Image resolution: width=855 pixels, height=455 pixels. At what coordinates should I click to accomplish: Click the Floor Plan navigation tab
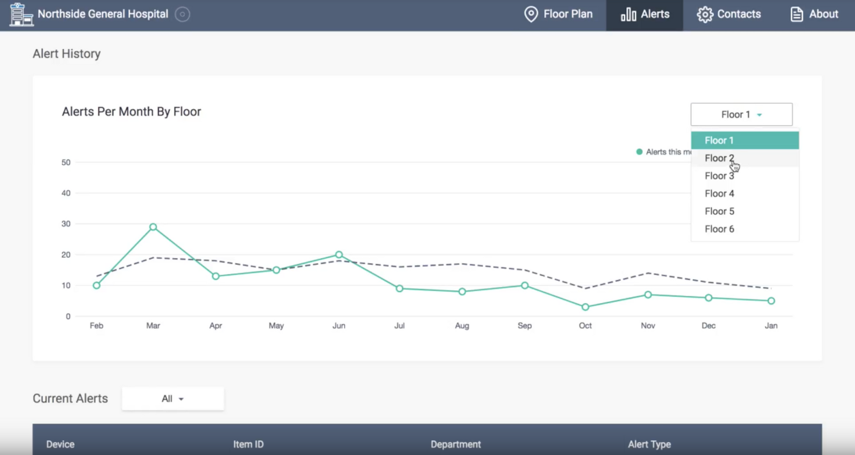[558, 14]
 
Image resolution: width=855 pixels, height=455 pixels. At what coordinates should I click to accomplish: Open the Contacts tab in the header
[729, 14]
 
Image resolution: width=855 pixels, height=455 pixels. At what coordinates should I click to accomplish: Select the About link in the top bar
[814, 14]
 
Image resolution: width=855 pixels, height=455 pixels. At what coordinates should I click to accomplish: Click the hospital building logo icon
[21, 14]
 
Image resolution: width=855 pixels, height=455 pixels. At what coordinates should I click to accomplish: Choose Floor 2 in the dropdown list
[719, 158]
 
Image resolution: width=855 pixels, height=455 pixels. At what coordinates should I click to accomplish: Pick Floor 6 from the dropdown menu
[719, 229]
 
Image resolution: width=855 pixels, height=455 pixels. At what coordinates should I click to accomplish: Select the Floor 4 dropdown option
[719, 194]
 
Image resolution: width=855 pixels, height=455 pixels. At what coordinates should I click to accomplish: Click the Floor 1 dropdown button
[741, 114]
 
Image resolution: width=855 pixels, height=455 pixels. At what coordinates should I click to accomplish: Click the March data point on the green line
[153, 227]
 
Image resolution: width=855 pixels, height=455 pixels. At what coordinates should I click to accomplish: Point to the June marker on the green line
[339, 255]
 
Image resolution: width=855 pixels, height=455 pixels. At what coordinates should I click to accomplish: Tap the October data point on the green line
[585, 307]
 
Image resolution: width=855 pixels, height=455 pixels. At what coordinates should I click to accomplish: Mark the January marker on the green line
[771, 301]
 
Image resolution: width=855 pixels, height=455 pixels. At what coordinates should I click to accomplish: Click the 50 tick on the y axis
[66, 163]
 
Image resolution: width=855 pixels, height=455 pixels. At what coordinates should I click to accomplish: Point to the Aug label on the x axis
[462, 326]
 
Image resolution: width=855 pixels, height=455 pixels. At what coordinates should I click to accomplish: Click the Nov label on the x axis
[648, 326]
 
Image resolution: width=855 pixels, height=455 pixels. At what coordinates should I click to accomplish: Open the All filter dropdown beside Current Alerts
[173, 399]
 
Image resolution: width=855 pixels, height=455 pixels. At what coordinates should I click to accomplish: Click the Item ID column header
[248, 444]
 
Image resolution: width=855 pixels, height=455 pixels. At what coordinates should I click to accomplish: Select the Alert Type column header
[649, 444]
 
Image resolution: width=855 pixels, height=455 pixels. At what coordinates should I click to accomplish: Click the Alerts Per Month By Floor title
[131, 112]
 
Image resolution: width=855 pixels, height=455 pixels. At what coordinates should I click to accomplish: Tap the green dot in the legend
[639, 152]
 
